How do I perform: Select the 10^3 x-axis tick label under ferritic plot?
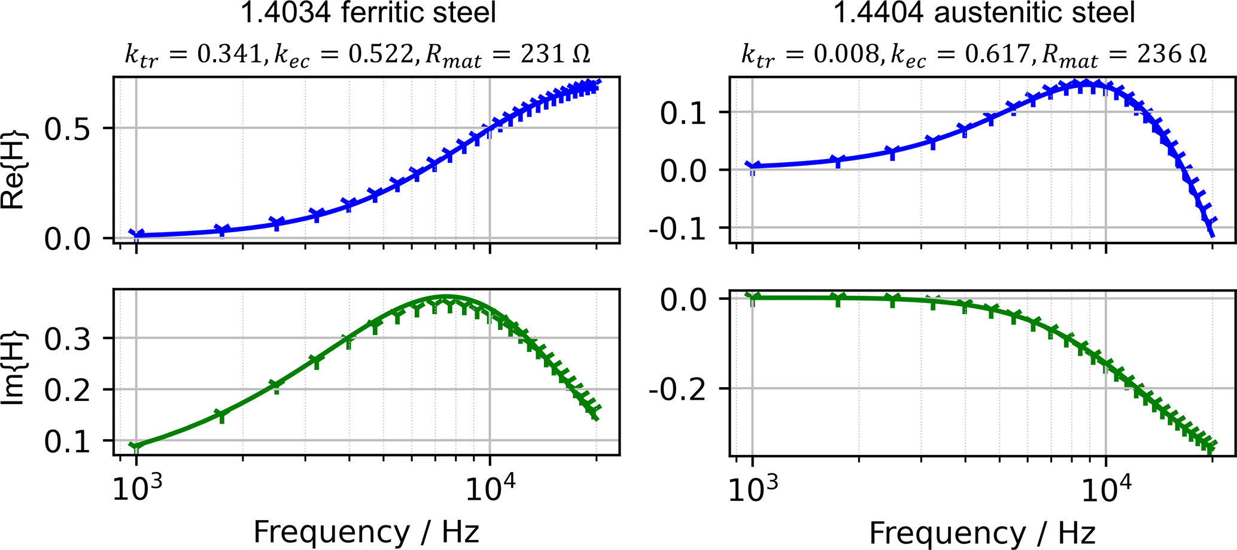137,490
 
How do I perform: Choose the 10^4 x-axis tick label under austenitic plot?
1106,490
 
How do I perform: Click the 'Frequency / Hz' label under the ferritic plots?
366,531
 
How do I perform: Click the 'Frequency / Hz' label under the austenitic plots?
982,531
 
